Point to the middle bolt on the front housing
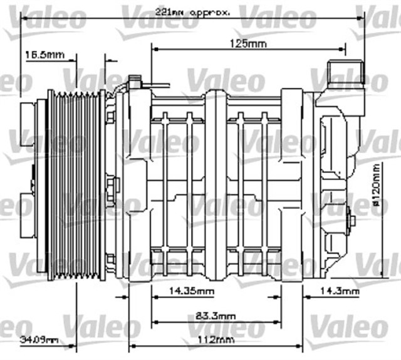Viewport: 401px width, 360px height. click(x=113, y=186)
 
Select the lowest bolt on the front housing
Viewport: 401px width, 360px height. click(x=111, y=258)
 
